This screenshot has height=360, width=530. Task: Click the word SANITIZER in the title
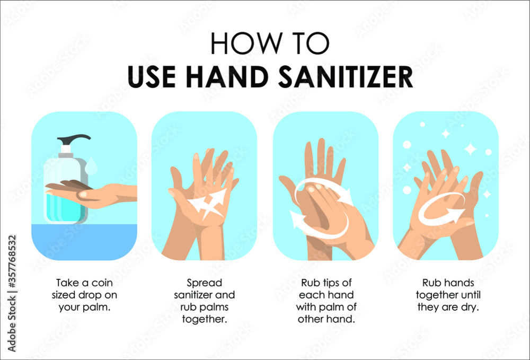pos(346,77)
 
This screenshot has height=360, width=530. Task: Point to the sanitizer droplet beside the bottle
pos(92,165)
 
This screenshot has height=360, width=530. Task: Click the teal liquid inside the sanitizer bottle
pos(64,208)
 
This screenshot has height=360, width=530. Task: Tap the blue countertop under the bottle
pos(84,241)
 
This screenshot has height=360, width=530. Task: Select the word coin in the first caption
pos(102,283)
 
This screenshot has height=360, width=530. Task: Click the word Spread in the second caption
pos(205,283)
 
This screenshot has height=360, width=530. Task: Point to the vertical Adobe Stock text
pos(12,324)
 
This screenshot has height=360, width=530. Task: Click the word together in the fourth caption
pos(438,295)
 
